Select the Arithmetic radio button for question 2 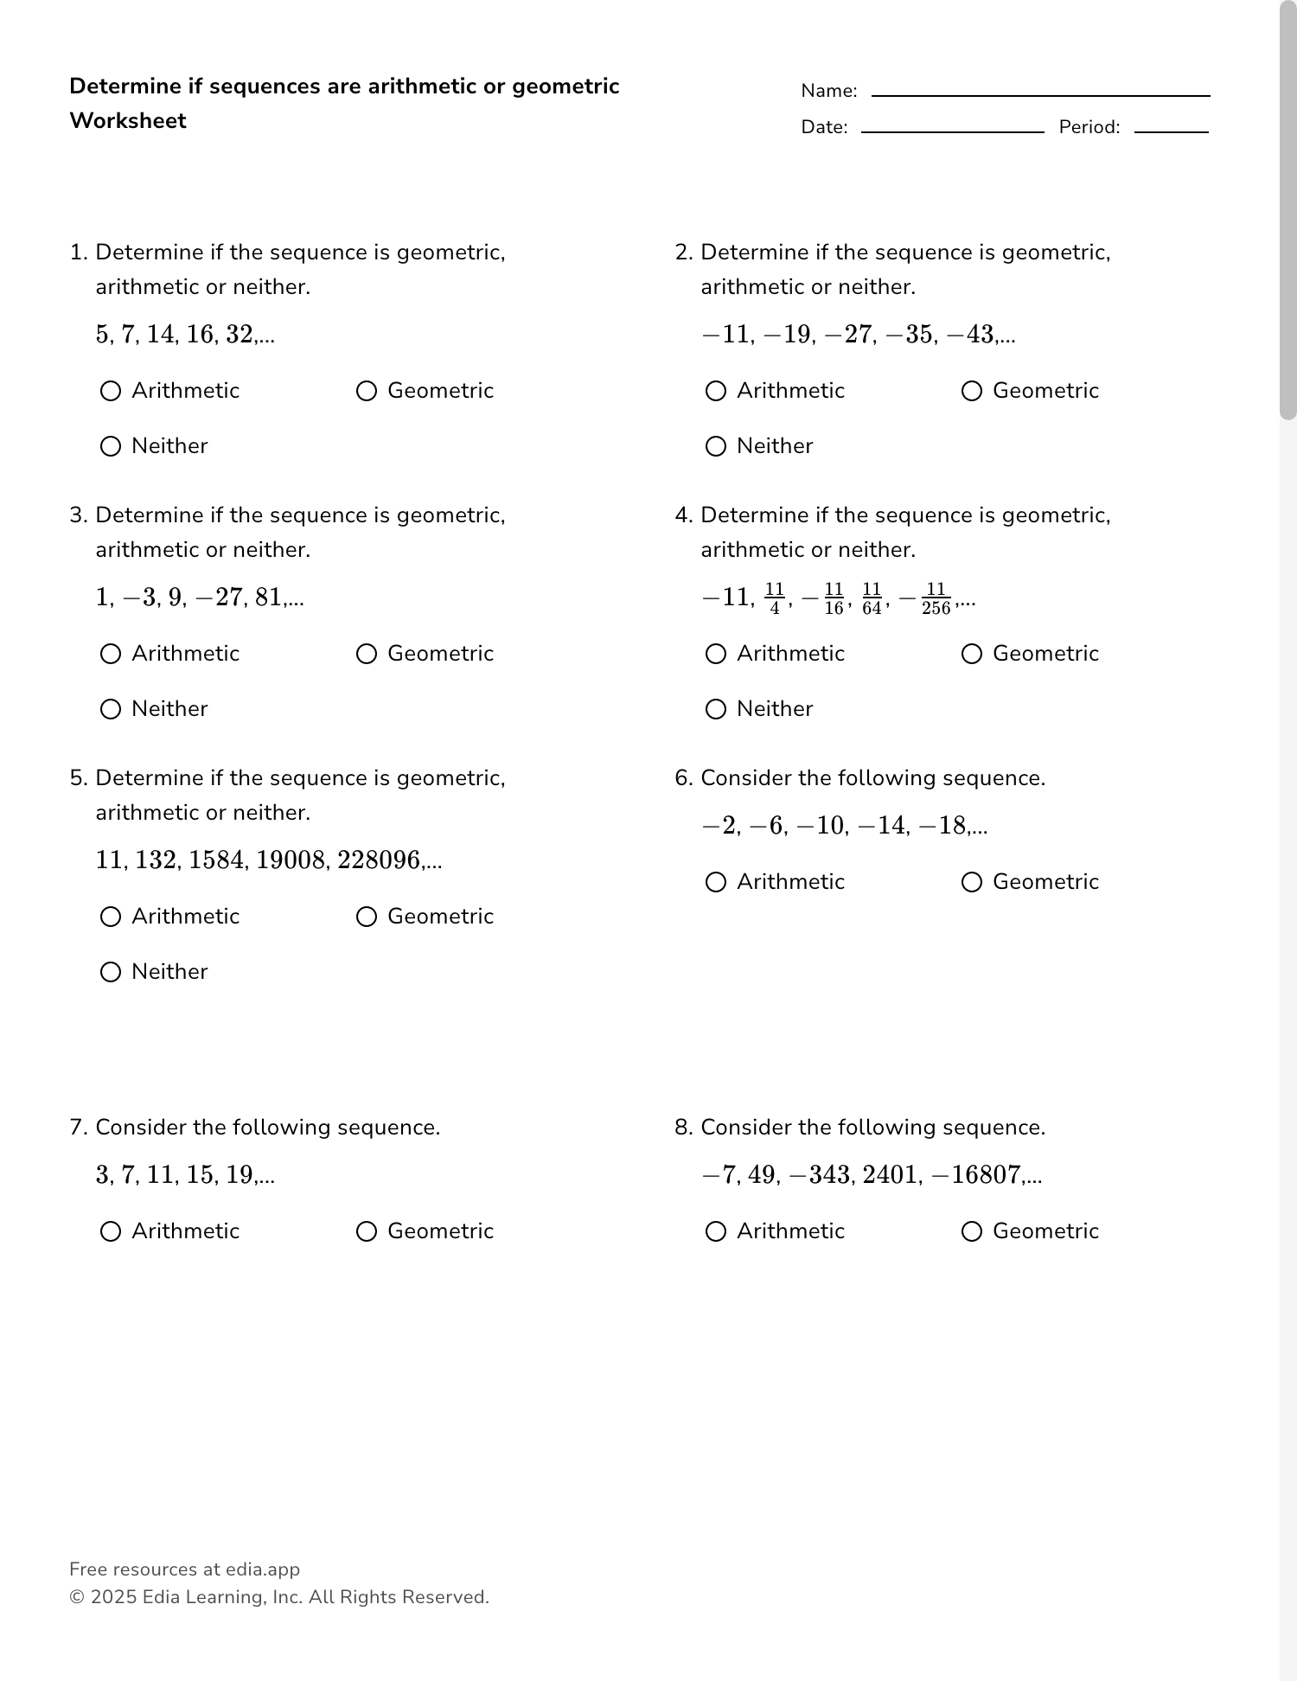[716, 391]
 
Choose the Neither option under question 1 [111, 446]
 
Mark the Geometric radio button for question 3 [367, 654]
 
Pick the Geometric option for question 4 [972, 654]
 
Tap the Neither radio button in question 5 [111, 972]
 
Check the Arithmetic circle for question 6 [716, 882]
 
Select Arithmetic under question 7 [111, 1231]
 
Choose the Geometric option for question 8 [972, 1231]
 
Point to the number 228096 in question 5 [378, 860]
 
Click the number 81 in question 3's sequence [268, 598]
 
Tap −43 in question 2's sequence [971, 335]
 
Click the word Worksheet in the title [128, 121]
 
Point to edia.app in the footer [263, 1569]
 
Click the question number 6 [683, 778]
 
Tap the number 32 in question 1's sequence [240, 335]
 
